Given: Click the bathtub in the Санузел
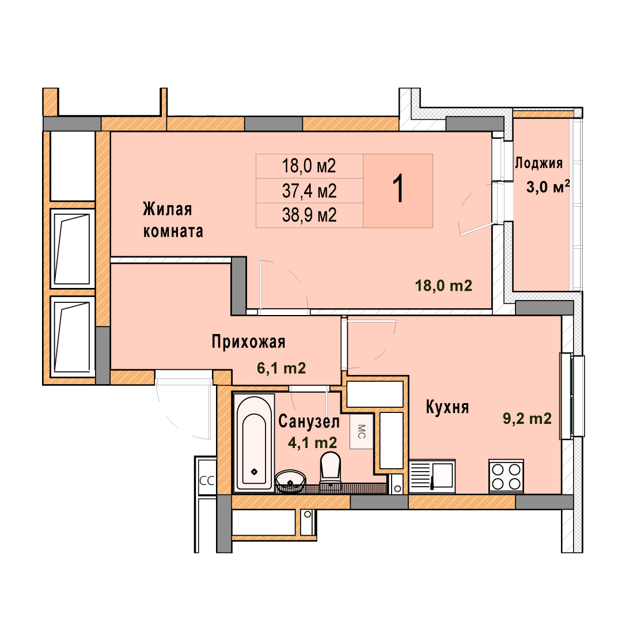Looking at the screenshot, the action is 254,442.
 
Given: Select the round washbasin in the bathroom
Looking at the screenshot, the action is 290,481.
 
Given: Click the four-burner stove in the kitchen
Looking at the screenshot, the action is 506,476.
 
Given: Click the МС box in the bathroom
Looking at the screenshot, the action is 361,431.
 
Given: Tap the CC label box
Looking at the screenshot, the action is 207,481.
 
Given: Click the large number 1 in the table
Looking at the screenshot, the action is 398,189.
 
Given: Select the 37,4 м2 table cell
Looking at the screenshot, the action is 309,191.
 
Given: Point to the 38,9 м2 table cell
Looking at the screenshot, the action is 309,215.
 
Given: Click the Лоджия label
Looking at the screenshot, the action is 538,163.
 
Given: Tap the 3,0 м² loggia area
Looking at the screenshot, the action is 548,187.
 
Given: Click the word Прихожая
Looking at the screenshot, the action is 248,342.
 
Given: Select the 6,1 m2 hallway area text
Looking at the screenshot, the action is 281,368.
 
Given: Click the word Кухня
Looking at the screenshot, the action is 447,407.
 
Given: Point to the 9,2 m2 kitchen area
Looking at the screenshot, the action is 527,419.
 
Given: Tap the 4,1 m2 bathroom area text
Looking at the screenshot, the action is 313,442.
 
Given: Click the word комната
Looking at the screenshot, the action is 173,231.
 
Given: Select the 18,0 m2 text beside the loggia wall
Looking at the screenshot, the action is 443,286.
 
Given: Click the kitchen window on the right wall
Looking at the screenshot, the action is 572,396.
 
